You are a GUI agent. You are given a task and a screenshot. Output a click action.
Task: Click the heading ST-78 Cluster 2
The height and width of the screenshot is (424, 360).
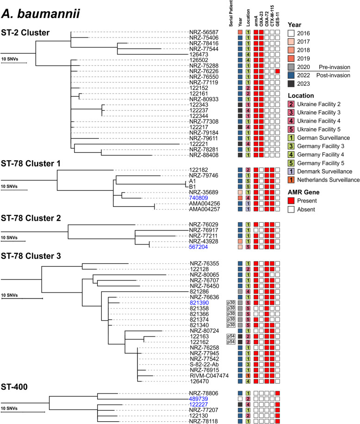coord(33,217)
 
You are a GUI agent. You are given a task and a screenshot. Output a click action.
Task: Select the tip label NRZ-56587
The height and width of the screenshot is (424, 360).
coord(202,32)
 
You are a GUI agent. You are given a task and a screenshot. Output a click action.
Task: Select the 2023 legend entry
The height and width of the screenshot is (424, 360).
coord(304,84)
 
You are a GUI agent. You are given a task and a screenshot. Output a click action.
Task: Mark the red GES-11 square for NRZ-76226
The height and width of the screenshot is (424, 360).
coord(277,71)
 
